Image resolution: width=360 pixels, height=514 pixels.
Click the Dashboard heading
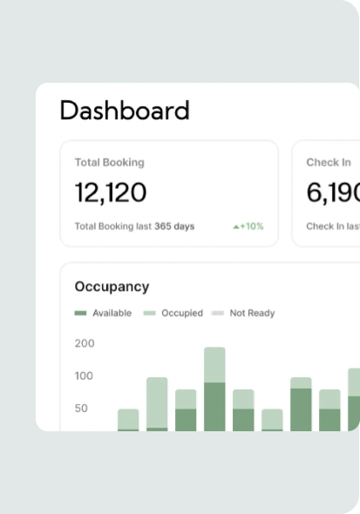coord(124,111)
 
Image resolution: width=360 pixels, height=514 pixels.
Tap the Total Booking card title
coord(109,162)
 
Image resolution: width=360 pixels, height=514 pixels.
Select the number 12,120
coord(111,193)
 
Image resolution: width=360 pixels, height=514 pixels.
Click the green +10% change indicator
coord(248,227)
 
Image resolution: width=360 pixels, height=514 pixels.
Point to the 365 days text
coord(174,227)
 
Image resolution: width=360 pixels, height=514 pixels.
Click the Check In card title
coord(329,162)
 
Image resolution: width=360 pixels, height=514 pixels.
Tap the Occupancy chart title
coord(112,287)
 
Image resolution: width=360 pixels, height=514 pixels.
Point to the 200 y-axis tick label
coord(85,343)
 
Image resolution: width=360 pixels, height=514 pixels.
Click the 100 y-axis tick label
coord(85,375)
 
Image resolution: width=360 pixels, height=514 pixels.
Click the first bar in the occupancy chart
coord(128,420)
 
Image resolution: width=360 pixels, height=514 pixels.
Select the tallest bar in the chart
coord(214,389)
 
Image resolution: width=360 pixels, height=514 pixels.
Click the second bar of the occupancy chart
coord(157,404)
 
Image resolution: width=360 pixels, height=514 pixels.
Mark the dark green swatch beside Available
coord(81,313)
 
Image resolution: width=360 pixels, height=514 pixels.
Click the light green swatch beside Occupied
coord(149,313)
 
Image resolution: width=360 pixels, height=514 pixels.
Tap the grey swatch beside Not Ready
coord(218,313)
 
